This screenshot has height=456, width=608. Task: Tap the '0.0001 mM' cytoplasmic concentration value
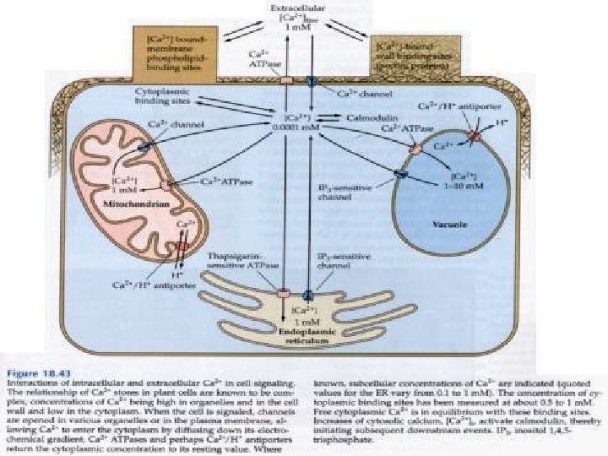[301, 127]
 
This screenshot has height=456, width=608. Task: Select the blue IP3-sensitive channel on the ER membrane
[309, 294]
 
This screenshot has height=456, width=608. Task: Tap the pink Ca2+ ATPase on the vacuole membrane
[415, 148]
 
